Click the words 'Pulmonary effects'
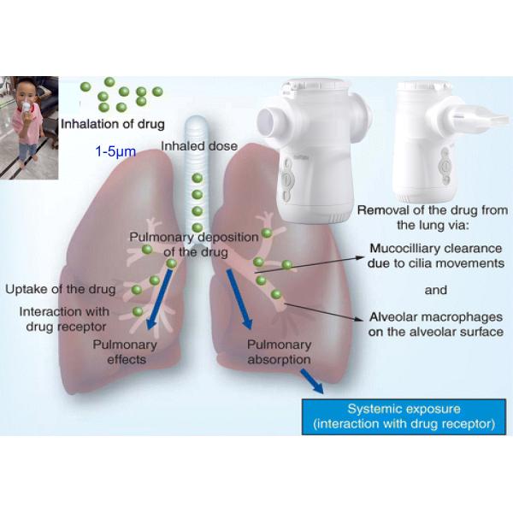tap(120, 352)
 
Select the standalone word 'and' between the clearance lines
tap(436, 290)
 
